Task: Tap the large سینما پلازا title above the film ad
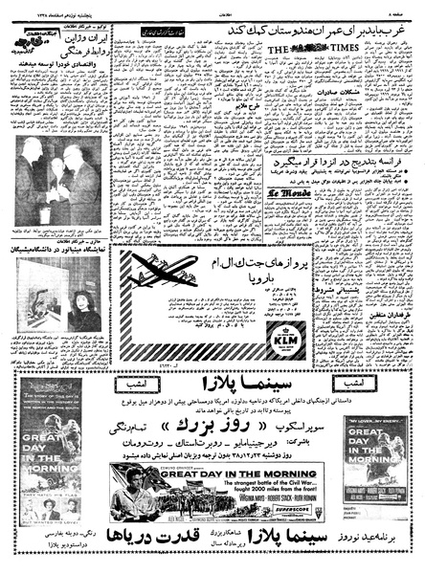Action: (x=211, y=338)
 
